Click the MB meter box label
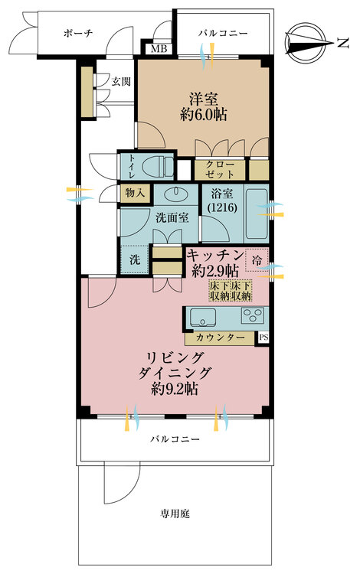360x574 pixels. (159, 48)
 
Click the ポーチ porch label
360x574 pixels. (78, 34)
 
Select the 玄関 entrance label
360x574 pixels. (122, 81)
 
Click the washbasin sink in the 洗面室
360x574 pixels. (175, 193)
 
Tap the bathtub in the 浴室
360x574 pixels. (256, 214)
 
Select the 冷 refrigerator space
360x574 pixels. (257, 260)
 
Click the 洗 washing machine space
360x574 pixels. (135, 259)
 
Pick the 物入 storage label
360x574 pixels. (135, 193)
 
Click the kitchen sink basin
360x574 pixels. (202, 317)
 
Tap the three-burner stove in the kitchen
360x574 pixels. (253, 315)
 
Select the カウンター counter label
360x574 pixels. (220, 338)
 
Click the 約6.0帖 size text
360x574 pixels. (204, 115)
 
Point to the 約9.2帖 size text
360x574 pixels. (175, 389)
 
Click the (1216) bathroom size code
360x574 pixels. (222, 207)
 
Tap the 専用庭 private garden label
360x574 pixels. (175, 514)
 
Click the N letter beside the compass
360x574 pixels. (343, 44)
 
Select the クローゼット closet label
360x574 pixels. (220, 169)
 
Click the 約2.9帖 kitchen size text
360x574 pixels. (216, 271)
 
